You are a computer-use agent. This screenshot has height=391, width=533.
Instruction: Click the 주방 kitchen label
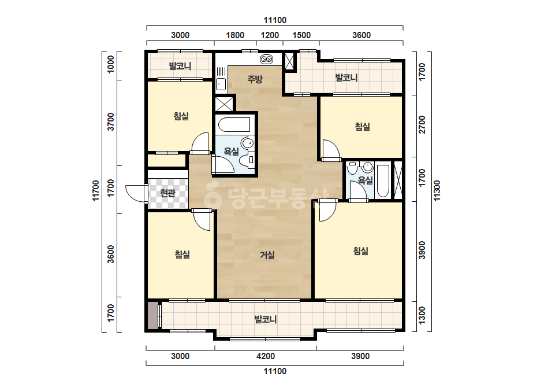coord(255,79)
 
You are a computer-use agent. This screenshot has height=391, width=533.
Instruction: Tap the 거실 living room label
coord(267,254)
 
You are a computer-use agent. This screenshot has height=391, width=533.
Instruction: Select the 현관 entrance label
coord(167,193)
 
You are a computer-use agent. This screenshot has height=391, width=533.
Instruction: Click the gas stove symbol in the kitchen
coord(266,59)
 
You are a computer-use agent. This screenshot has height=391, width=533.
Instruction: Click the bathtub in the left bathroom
coord(234,125)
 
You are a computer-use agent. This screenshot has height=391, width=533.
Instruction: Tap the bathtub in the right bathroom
coord(383,181)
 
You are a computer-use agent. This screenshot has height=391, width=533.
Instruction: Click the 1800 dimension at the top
coord(235,35)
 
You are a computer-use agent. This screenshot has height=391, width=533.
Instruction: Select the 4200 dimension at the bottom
coord(266,356)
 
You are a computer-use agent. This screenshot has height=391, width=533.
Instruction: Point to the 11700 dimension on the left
coord(96,191)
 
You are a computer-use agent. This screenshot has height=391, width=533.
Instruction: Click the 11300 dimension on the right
coord(437,191)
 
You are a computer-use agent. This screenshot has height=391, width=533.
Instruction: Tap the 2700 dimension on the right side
coord(422,125)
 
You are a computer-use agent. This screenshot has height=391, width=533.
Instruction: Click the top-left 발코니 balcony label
coord(180,65)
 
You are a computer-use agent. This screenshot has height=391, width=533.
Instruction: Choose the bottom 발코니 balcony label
coord(266,319)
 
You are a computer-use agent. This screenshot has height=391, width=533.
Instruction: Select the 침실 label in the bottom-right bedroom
coord(361,251)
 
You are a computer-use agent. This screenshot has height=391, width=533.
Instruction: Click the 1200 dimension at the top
coord(270,35)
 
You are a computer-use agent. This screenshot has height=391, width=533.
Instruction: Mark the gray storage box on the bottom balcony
coord(153,315)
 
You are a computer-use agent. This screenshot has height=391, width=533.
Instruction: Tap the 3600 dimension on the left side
coord(111,254)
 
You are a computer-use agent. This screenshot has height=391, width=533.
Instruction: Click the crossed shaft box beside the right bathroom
coord(398,180)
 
